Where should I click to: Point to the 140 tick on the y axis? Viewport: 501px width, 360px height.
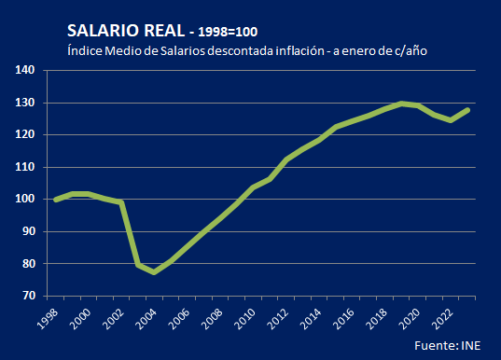[26, 70]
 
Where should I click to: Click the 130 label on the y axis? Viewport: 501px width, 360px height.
[26, 103]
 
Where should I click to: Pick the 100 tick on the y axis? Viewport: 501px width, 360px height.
[26, 200]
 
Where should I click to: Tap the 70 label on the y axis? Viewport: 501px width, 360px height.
[29, 296]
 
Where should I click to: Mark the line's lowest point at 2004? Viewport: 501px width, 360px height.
[154, 272]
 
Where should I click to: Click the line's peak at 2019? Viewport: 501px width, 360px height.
[400, 104]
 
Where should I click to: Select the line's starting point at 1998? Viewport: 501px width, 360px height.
[56, 200]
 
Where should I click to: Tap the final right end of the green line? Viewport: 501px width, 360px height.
[466, 110]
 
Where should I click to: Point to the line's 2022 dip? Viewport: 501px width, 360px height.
[450, 120]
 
